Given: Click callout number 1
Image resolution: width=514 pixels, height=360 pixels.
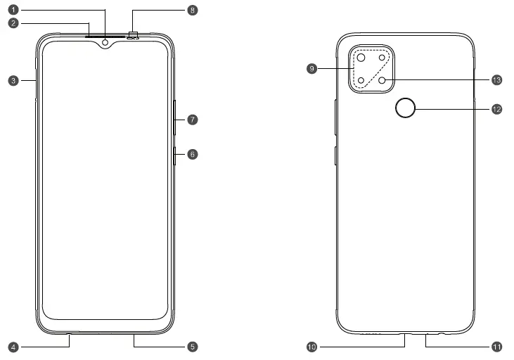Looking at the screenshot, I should pyautogui.click(x=13, y=11).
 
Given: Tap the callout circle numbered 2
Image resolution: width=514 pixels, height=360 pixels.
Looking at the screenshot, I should pyautogui.click(x=13, y=23).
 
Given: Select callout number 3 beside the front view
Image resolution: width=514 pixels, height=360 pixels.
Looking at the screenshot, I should pyautogui.click(x=13, y=81).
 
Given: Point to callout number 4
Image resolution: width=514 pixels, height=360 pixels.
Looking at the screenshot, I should pyautogui.click(x=13, y=347).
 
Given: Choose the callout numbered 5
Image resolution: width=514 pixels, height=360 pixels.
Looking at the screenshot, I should pyautogui.click(x=192, y=347).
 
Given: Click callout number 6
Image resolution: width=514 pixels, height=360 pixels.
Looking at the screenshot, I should pyautogui.click(x=192, y=153).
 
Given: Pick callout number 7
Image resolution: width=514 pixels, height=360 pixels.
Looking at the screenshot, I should pyautogui.click(x=192, y=120).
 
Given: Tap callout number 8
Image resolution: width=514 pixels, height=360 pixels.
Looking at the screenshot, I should pyautogui.click(x=192, y=11).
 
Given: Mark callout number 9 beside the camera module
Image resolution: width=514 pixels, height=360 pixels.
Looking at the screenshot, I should pyautogui.click(x=312, y=68).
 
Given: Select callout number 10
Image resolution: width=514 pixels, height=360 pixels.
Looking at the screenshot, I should pyautogui.click(x=312, y=347).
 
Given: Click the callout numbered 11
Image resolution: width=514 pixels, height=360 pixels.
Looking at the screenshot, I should pyautogui.click(x=497, y=347).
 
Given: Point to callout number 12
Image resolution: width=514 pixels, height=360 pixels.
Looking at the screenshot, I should pyautogui.click(x=497, y=109).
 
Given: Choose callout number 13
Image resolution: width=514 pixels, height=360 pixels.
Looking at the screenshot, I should pyautogui.click(x=497, y=80).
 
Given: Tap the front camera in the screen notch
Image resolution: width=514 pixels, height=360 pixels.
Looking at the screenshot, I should pyautogui.click(x=105, y=42).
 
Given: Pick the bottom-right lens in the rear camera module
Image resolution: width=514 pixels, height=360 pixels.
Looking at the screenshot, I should pyautogui.click(x=383, y=80).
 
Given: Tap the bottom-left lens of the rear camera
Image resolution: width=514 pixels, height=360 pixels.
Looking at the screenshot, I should pyautogui.click(x=361, y=80).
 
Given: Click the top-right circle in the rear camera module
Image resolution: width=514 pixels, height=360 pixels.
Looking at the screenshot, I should pyautogui.click(x=383, y=58).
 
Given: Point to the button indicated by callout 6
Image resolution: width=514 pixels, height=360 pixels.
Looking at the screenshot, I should pyautogui.click(x=174, y=155).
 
